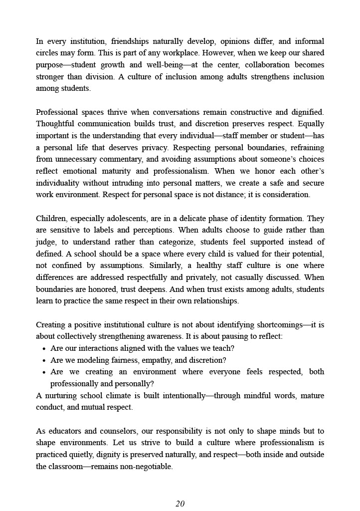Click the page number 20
(x=180, y=504)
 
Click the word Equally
(x=310, y=124)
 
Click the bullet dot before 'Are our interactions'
(x=44, y=348)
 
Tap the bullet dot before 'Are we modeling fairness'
(x=44, y=360)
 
